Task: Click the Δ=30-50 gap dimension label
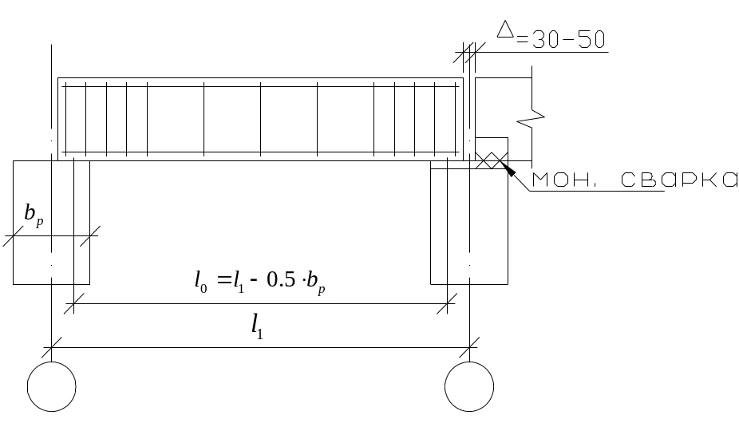(x=551, y=35)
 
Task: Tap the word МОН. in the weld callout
(x=563, y=180)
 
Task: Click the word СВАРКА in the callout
(x=678, y=180)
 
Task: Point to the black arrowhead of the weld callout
(x=508, y=169)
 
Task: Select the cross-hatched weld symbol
(x=491, y=160)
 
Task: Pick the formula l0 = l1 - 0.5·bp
(x=259, y=282)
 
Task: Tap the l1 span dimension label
(x=257, y=326)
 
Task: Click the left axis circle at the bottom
(x=51, y=386)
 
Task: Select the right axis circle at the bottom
(x=469, y=386)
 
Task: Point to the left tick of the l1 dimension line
(x=51, y=347)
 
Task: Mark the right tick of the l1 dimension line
(x=469, y=347)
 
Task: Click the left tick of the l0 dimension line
(x=74, y=303)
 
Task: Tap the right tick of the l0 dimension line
(x=447, y=303)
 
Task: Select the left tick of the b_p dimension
(x=14, y=235)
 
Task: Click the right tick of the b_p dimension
(x=89, y=235)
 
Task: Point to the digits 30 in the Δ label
(x=545, y=40)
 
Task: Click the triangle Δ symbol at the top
(x=505, y=29)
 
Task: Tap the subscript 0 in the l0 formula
(x=204, y=289)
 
